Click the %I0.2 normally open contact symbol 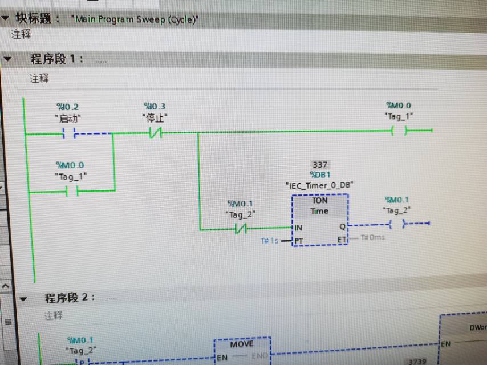click(68, 134)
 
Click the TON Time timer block click(319, 220)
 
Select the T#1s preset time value click(269, 241)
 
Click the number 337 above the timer click(320, 164)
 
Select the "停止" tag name click(155, 118)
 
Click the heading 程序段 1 click(56, 59)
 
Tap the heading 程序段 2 click(70, 298)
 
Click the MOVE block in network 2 click(242, 344)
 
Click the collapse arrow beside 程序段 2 click(23, 299)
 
